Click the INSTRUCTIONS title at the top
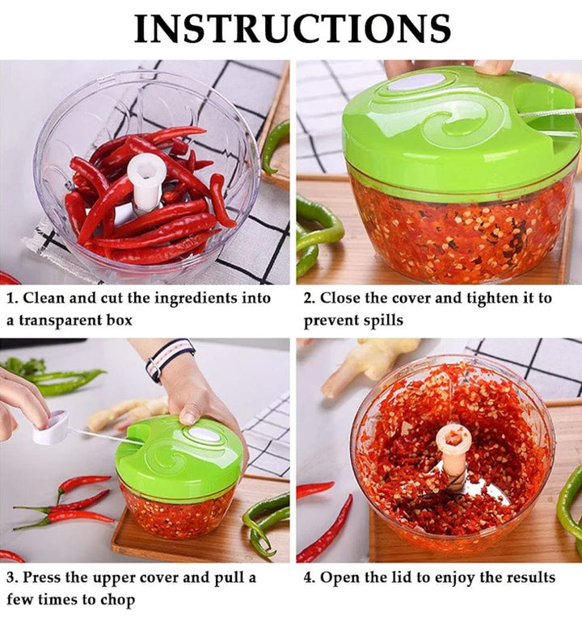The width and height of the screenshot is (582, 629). (x=292, y=28)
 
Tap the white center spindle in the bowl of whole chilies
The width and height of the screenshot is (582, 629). (x=145, y=182)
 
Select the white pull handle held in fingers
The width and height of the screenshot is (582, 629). (x=51, y=427)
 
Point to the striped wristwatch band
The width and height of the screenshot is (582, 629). (x=170, y=359)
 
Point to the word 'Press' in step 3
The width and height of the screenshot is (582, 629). (x=41, y=578)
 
